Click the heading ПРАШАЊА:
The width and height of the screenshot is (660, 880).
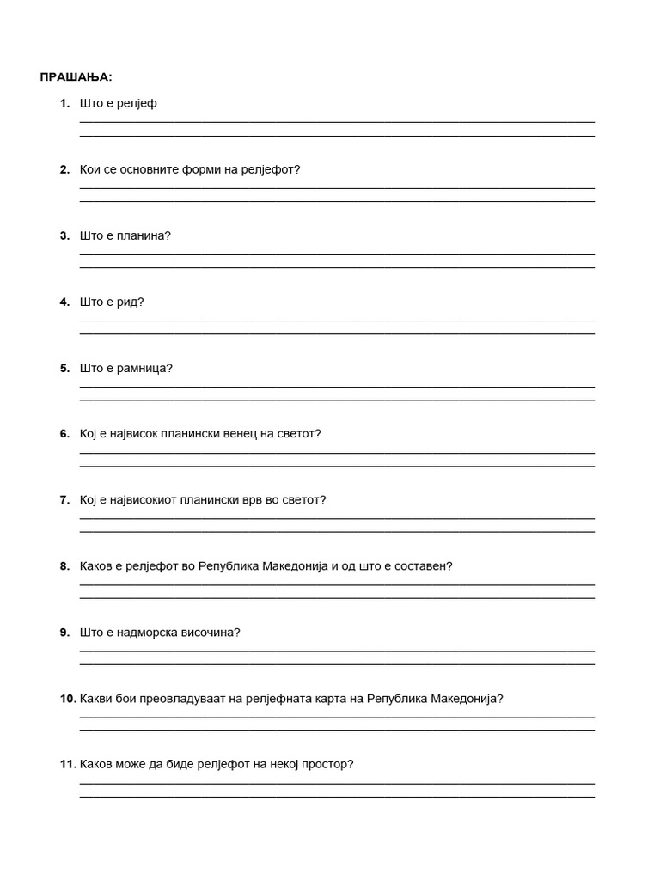point(76,77)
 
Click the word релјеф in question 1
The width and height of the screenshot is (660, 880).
point(137,104)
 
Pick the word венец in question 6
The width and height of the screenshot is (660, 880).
point(234,434)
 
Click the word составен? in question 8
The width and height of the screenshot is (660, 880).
point(423,566)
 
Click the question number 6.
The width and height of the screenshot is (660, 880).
point(64,434)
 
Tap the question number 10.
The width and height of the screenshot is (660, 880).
point(68,699)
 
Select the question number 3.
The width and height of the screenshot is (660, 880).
point(64,235)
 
